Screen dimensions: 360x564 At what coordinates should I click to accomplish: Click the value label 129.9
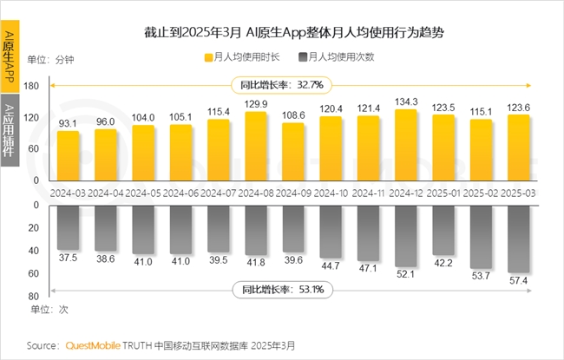255,104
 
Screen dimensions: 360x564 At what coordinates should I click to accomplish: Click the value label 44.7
331,265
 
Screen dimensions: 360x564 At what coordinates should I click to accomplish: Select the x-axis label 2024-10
331,192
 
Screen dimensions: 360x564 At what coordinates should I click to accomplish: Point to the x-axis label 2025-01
444,192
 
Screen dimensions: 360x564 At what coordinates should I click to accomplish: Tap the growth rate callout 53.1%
278,290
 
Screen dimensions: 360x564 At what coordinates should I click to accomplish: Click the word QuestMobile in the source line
94,345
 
